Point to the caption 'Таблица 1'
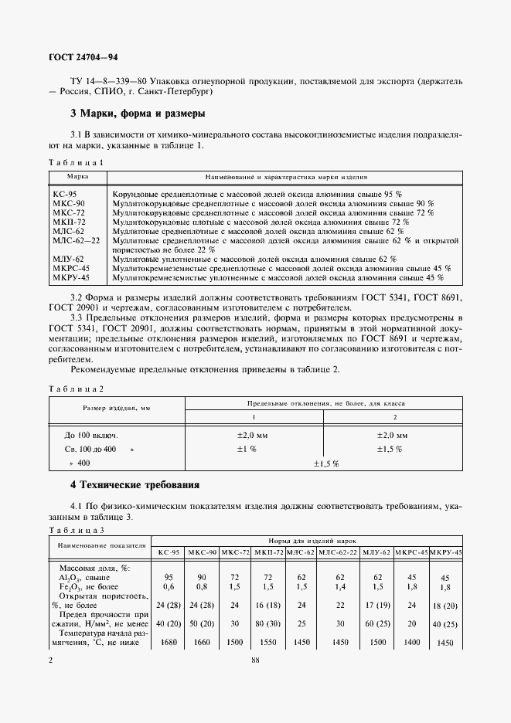pos(76,162)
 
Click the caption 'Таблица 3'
pos(76,529)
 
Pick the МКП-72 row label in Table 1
pos(70,222)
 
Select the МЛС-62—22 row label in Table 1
pos(77,240)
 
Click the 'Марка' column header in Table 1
pos(77,176)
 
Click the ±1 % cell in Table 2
pos(247,449)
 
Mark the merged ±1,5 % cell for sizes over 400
pos(325,463)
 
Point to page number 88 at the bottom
pos(255,660)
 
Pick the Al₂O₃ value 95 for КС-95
pos(169,576)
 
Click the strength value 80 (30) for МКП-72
pos(267,623)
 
